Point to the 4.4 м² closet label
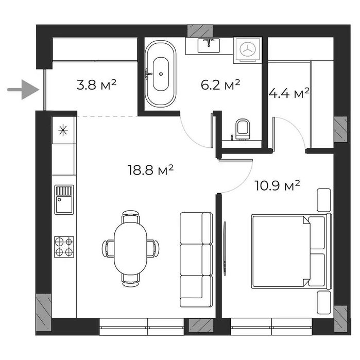coord(289,93)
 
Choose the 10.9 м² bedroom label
coord(278,185)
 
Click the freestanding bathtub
coord(160,74)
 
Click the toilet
coord(242,129)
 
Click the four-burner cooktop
coord(64,247)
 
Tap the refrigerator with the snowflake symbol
coord(64,130)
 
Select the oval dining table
coord(130,248)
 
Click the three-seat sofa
coord(196,260)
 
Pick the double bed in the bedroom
coord(289,252)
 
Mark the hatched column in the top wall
coord(200,30)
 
